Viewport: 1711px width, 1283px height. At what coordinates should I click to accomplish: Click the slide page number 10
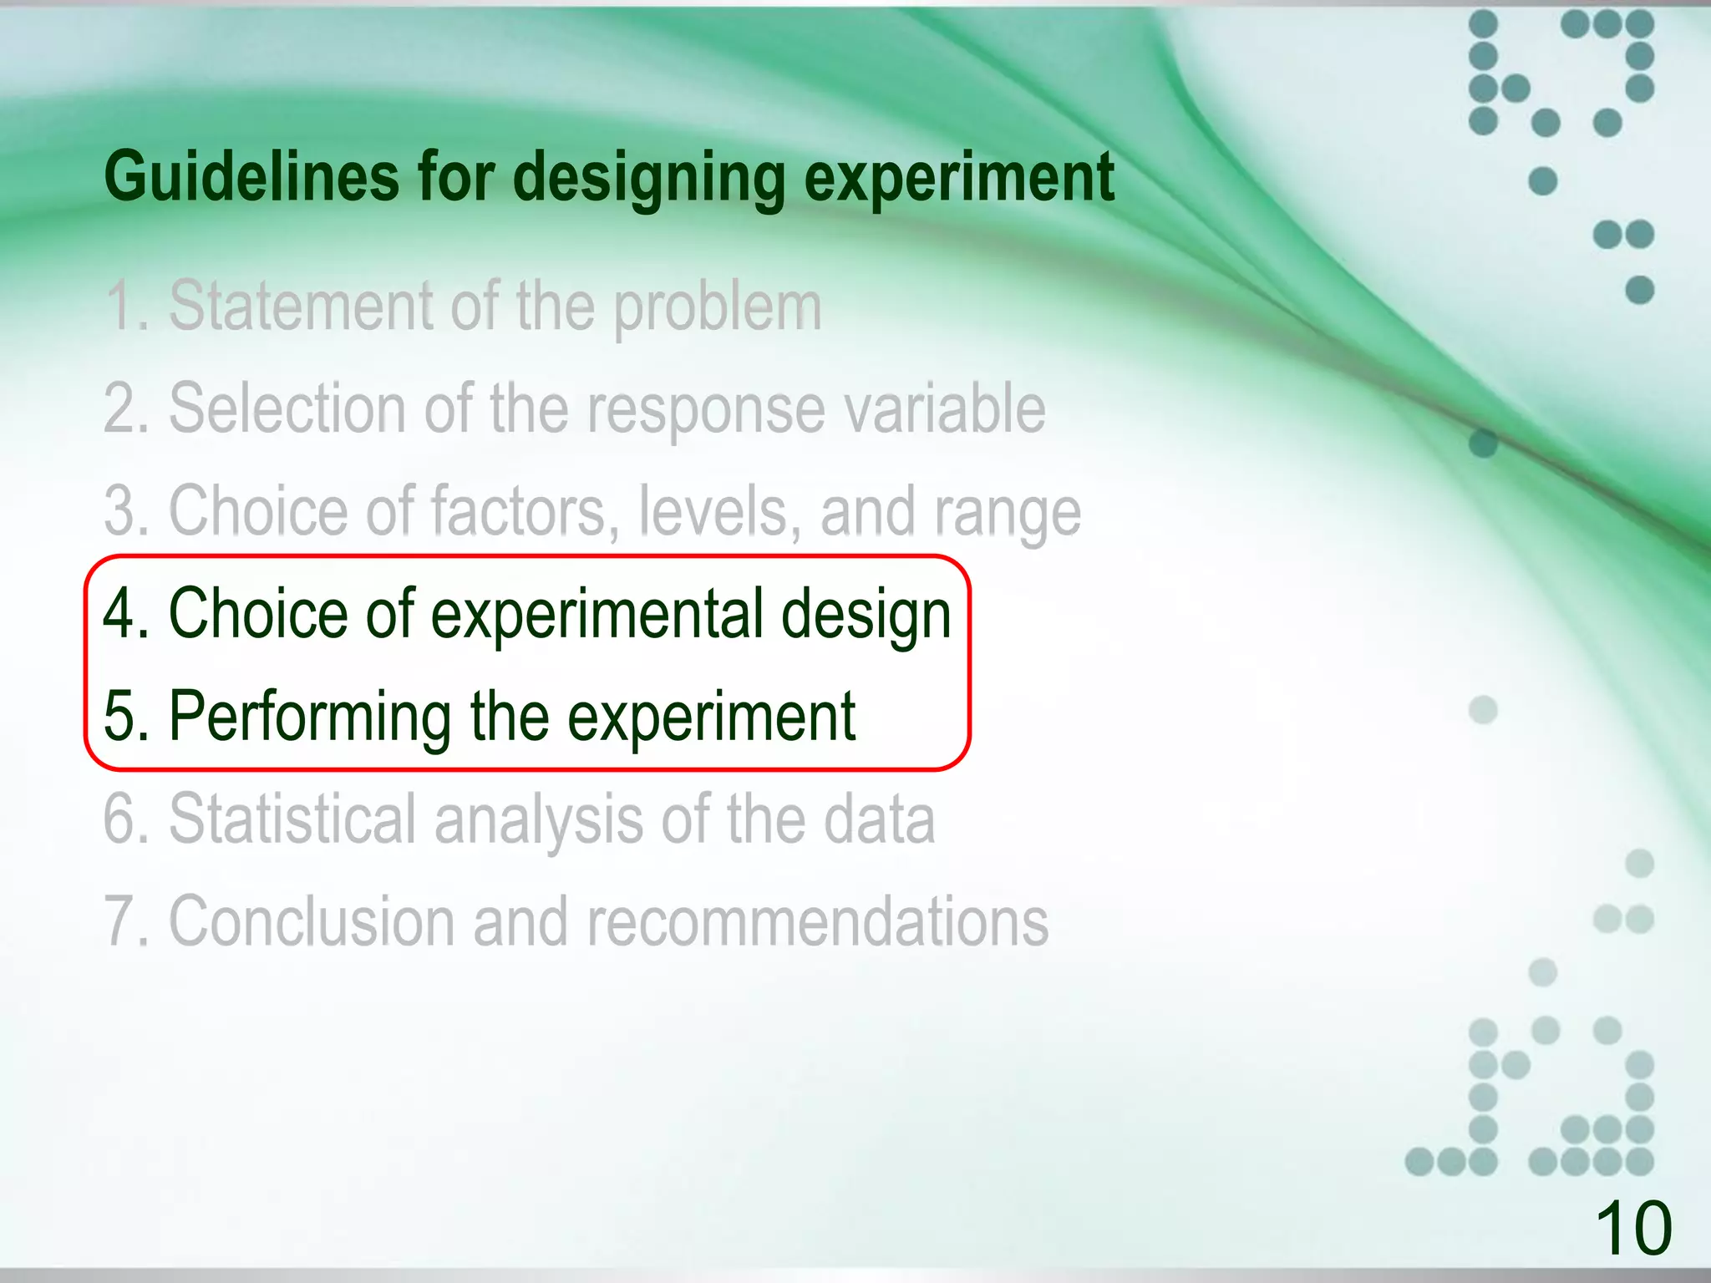1633,1228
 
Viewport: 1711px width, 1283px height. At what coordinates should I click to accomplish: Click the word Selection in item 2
287,408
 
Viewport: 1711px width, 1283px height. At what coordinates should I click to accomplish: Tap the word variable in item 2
944,408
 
